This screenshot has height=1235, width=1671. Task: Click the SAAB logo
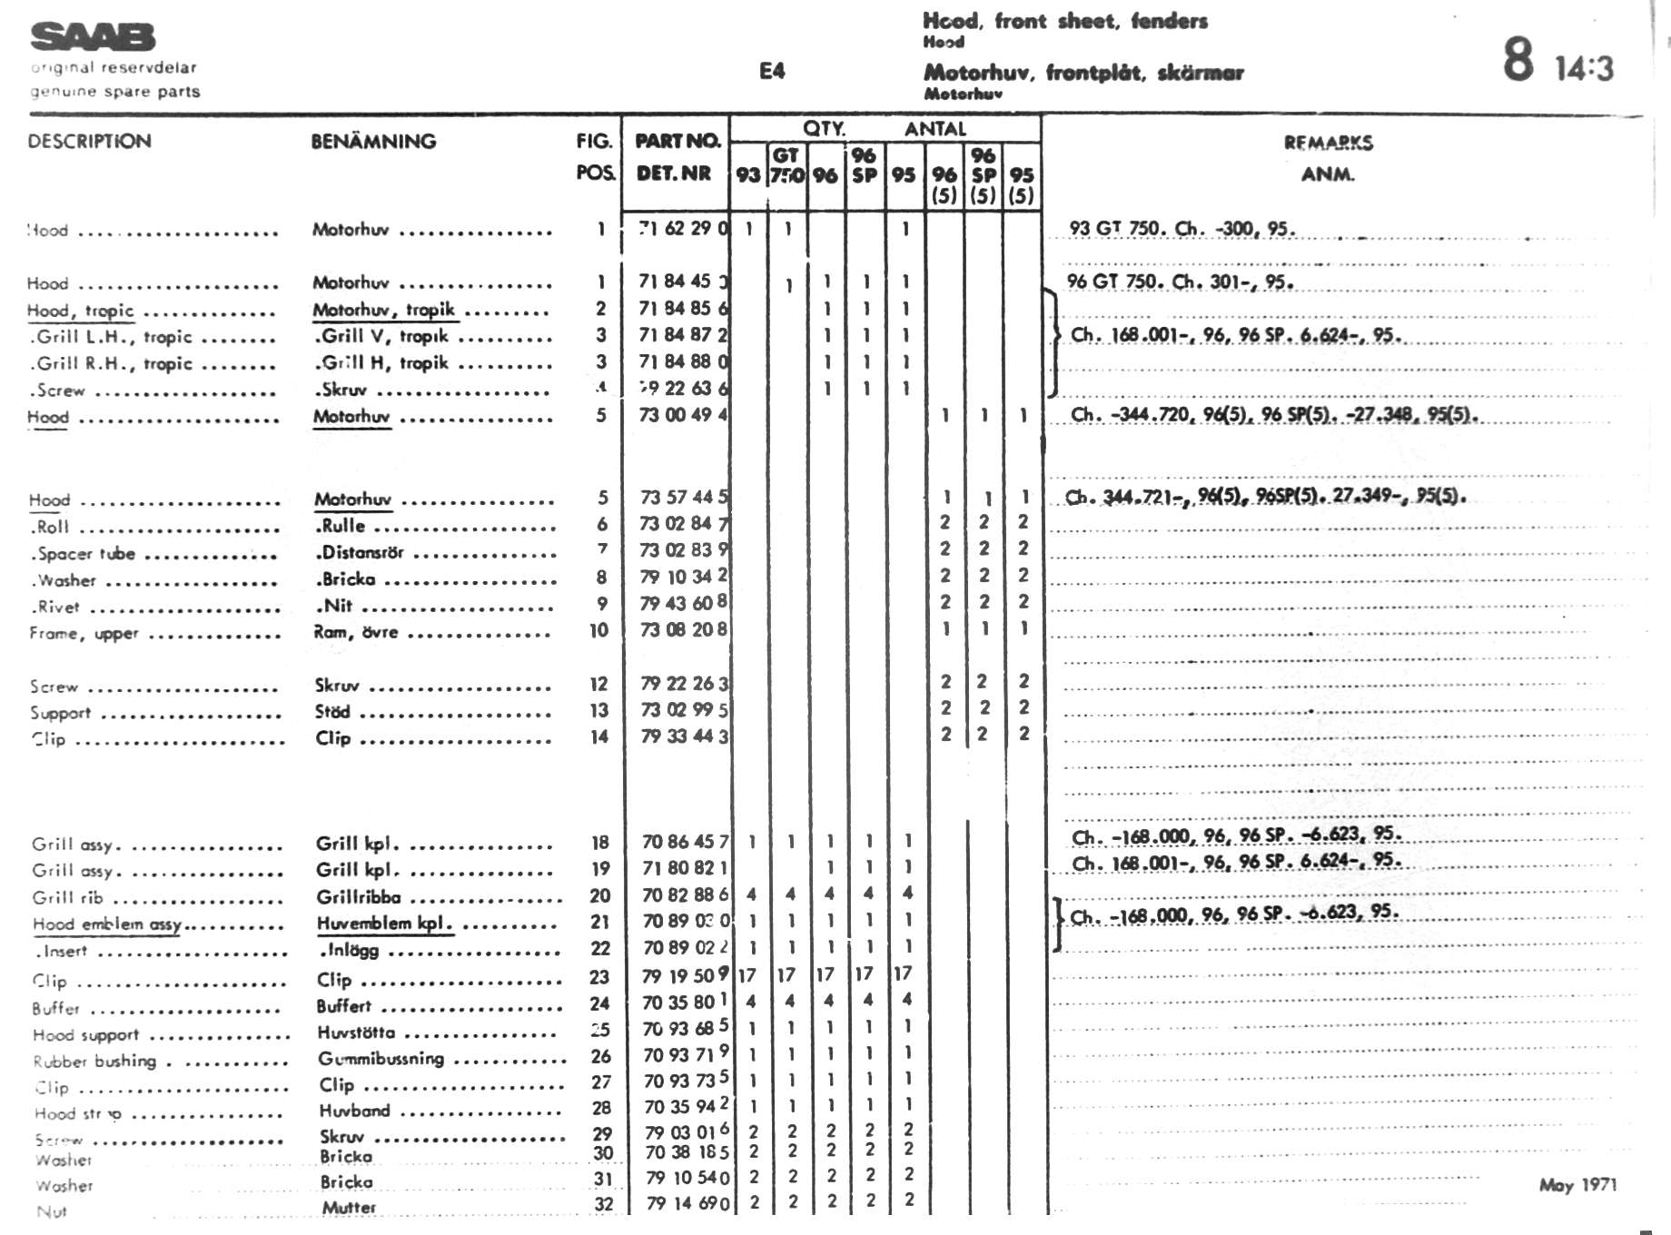(93, 37)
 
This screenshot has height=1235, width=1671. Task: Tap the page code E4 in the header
(772, 71)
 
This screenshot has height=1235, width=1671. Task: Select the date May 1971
(1577, 1184)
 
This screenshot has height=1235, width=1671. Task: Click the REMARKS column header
(1328, 143)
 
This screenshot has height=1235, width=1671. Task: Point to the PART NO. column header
(677, 141)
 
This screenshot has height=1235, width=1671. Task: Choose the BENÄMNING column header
(373, 142)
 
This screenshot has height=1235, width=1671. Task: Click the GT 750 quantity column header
(786, 164)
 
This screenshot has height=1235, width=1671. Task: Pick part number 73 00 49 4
(683, 415)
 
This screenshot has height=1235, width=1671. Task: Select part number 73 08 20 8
(683, 629)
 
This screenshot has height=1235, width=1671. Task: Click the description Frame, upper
(84, 633)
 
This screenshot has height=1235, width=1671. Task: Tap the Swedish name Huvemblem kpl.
(383, 924)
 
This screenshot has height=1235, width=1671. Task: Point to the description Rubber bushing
(94, 1061)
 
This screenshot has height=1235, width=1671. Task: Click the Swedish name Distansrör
(360, 552)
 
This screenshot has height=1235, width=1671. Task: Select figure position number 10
(598, 630)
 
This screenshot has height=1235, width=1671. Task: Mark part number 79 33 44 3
(683, 736)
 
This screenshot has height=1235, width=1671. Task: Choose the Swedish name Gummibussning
(381, 1058)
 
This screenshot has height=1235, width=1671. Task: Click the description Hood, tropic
(80, 311)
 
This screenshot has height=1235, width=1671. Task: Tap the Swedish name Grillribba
(358, 897)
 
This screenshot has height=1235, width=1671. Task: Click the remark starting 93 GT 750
(1182, 228)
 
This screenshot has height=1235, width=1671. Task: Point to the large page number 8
(1518, 60)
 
